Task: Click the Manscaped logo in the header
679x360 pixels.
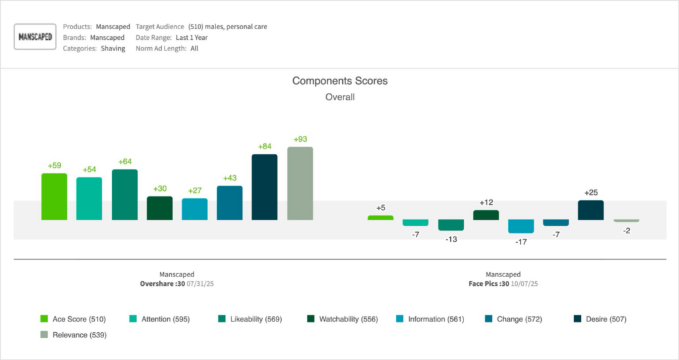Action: [35, 37]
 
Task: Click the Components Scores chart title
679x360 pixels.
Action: [339, 81]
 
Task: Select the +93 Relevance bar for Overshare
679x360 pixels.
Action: [300, 183]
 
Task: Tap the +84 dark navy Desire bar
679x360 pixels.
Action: [265, 187]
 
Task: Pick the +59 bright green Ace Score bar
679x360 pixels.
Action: [54, 196]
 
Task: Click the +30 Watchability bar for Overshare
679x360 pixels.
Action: [159, 208]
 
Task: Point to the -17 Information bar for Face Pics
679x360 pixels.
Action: [521, 226]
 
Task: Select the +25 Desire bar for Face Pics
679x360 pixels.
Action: [591, 210]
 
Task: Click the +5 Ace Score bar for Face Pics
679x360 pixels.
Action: [381, 217]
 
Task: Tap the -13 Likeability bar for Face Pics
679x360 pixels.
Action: [451, 225]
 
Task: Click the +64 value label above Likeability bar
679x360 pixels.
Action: [125, 162]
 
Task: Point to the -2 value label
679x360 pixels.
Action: [626, 230]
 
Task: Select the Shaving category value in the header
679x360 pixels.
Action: [113, 48]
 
